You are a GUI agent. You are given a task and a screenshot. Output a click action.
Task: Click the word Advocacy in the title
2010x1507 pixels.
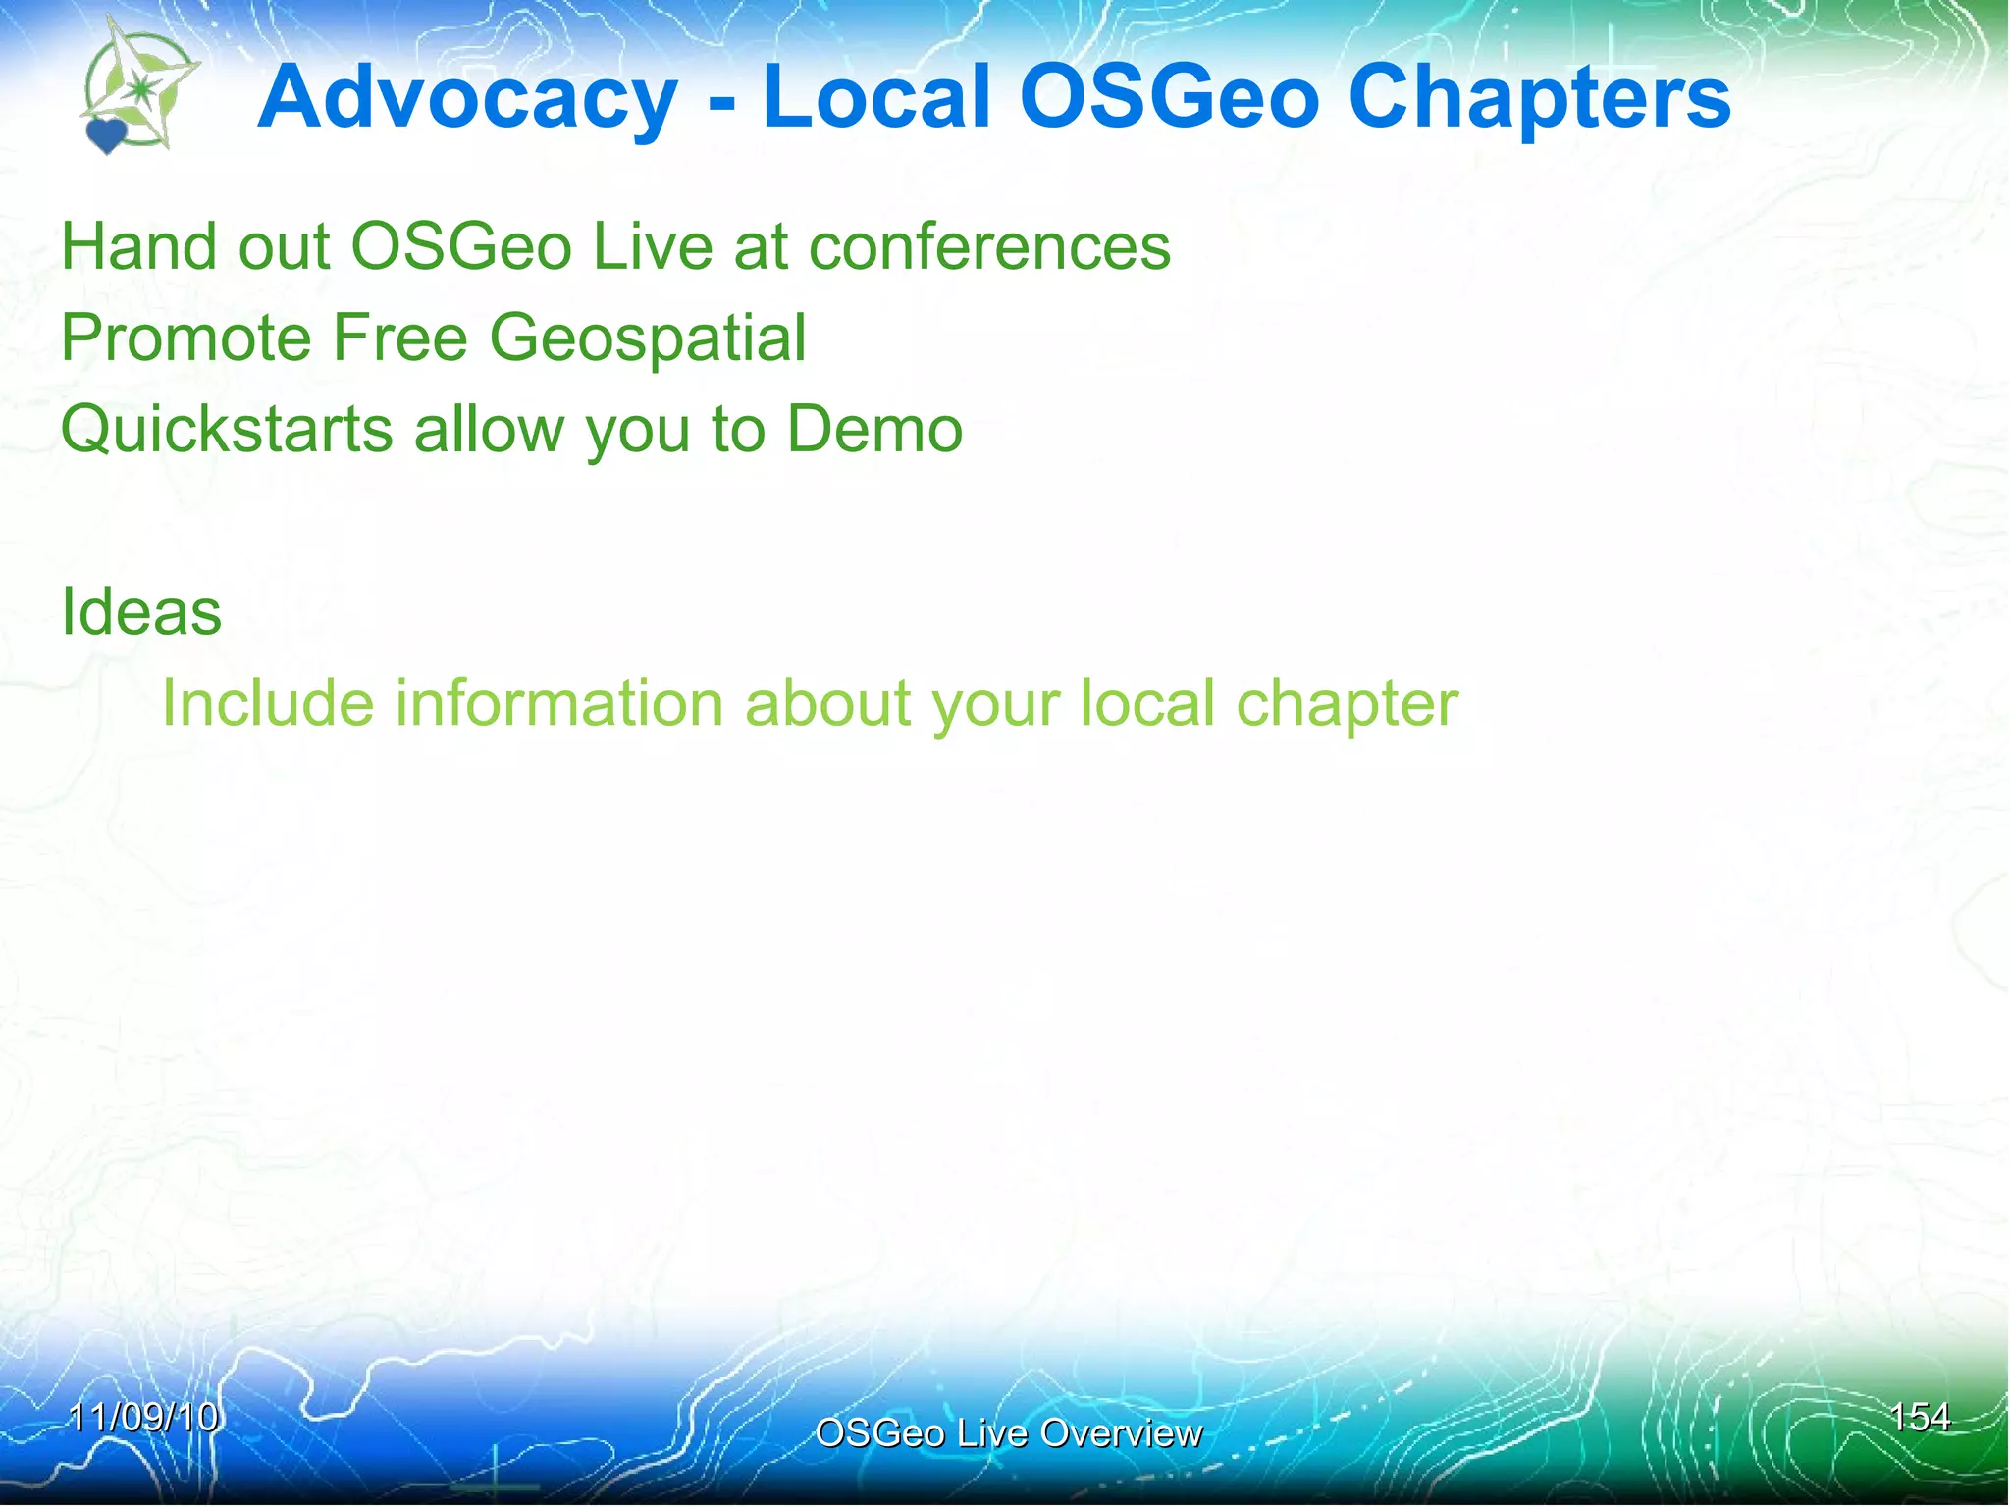point(467,98)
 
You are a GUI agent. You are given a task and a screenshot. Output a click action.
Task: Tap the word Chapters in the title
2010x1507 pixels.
point(1540,98)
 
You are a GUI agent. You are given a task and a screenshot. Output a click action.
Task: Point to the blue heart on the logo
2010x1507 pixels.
point(106,135)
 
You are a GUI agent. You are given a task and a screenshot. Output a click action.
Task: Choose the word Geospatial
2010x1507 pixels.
point(648,338)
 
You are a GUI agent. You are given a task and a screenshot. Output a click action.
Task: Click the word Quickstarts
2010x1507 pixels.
point(227,430)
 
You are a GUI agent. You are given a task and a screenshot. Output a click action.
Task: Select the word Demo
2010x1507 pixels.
point(874,430)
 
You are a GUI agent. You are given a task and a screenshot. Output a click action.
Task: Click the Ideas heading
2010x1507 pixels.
point(141,612)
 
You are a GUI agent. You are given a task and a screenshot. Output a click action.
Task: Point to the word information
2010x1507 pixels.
point(559,703)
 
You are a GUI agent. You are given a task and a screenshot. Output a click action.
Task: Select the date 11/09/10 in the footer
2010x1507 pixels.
point(144,1417)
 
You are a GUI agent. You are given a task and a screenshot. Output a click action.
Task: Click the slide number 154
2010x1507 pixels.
point(1919,1417)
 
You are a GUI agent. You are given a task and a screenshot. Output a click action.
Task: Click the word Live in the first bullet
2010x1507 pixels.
point(653,246)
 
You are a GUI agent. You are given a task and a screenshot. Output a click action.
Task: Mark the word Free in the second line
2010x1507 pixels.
point(400,338)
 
